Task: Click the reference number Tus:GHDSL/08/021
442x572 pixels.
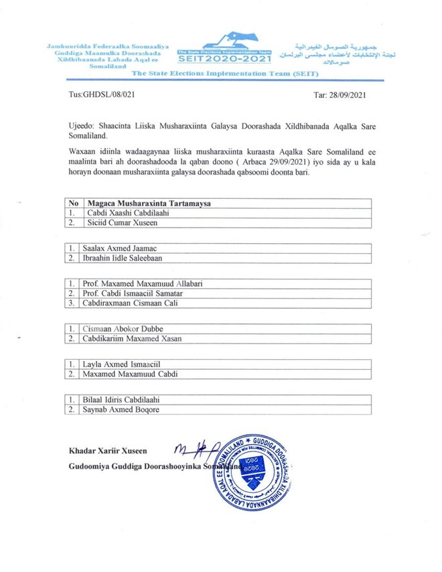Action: click(102, 94)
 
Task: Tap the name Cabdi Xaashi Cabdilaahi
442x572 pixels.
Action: click(125, 212)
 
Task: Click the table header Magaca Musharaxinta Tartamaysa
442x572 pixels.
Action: click(154, 202)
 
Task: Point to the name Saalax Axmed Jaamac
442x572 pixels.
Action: click(119, 248)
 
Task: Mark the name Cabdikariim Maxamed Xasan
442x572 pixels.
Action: click(131, 338)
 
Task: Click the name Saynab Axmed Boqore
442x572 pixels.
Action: click(121, 409)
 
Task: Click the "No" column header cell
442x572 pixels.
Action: click(74, 202)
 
